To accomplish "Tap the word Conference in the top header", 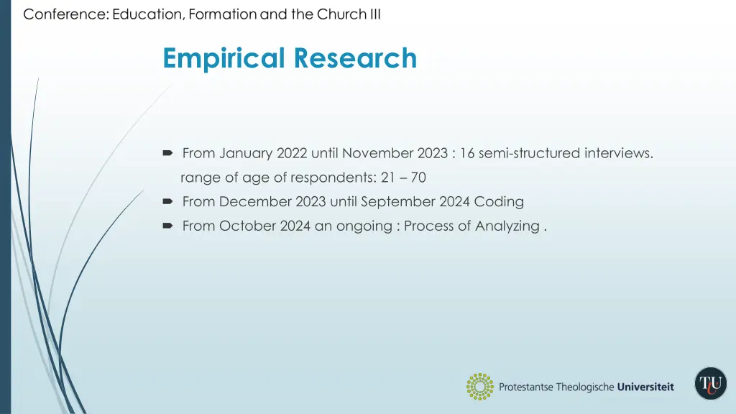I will click(x=65, y=14).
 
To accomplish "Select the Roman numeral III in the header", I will click(x=374, y=14).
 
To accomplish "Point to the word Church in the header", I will click(x=341, y=14).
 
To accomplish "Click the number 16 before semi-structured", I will click(x=468, y=153).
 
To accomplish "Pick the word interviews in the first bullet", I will click(x=618, y=153).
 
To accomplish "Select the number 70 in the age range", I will click(x=418, y=178).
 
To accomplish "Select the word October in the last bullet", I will click(x=245, y=226).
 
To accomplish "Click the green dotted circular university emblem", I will click(x=479, y=387).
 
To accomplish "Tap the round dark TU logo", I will click(x=711, y=384).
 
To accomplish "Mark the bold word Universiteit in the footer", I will click(x=645, y=387).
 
